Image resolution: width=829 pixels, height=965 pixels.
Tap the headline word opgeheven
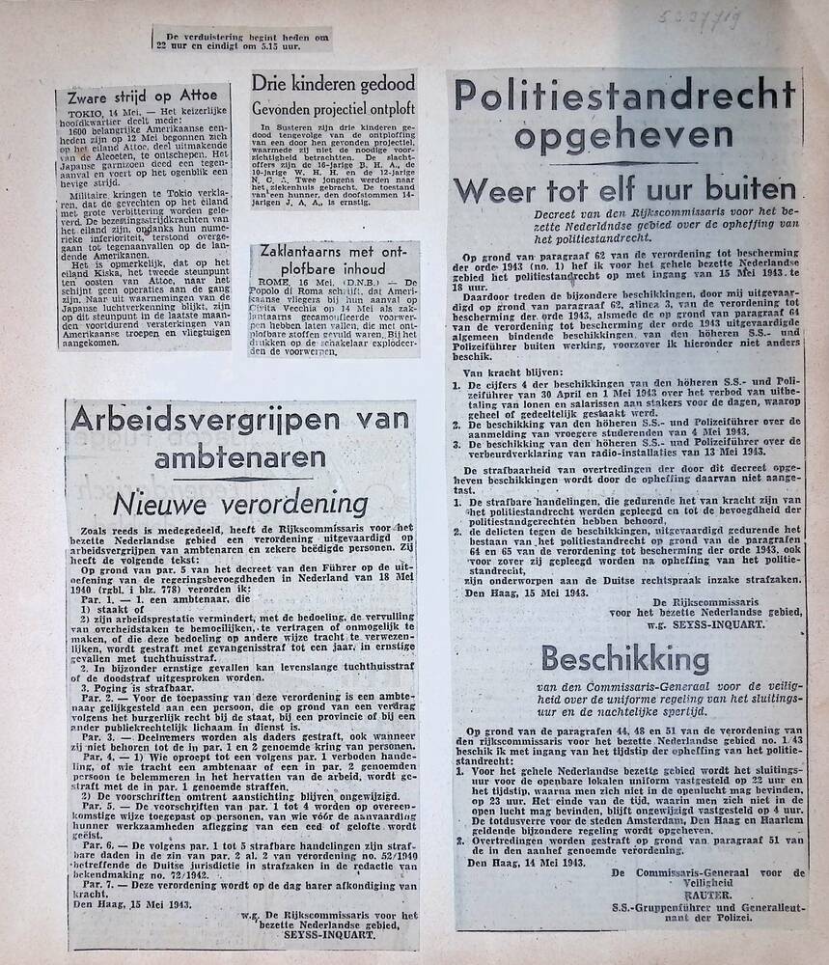tap(623, 135)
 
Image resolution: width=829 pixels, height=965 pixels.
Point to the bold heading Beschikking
tap(624, 659)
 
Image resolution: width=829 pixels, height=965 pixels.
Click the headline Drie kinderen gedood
tap(333, 83)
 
